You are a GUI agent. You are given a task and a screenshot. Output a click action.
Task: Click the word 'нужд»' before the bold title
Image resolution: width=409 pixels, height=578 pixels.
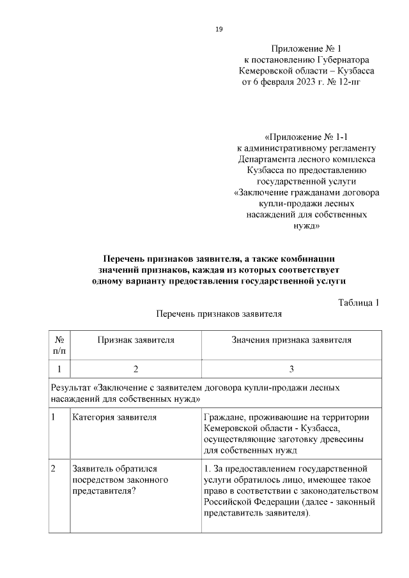pyautogui.click(x=306, y=226)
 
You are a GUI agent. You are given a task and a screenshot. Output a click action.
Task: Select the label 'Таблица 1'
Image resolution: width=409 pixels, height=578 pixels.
pyautogui.click(x=359, y=302)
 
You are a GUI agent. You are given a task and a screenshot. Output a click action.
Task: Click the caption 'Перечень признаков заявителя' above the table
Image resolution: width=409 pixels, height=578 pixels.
pyautogui.click(x=219, y=314)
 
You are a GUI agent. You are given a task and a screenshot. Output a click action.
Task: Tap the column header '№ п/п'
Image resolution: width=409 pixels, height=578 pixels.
pyautogui.click(x=59, y=346)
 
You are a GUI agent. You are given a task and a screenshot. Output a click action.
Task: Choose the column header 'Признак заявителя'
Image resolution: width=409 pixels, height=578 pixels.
pyautogui.click(x=135, y=340)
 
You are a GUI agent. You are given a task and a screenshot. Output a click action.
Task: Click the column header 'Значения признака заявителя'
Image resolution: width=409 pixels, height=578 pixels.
pyautogui.click(x=291, y=340)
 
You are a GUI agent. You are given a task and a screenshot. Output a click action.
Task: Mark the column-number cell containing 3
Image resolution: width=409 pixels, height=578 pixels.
pyautogui.click(x=291, y=369)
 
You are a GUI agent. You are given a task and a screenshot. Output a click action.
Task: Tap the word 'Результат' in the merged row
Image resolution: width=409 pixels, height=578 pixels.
pyautogui.click(x=70, y=388)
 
